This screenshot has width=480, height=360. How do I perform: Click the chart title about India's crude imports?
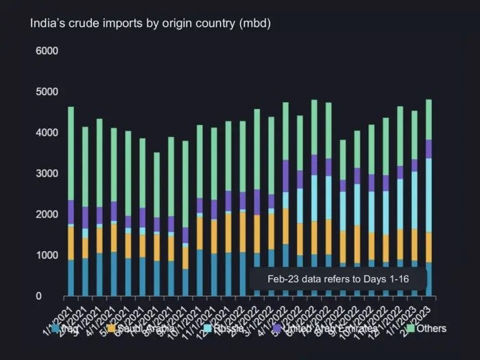(x=150, y=23)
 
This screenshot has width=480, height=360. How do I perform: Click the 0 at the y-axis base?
(x=40, y=296)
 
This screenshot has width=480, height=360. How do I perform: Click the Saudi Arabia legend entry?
(x=141, y=328)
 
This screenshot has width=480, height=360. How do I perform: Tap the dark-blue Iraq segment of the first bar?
(x=71, y=278)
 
